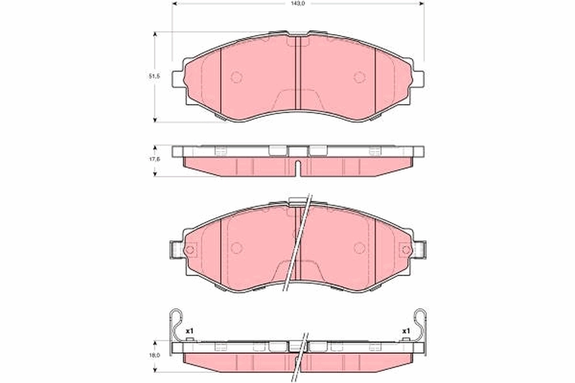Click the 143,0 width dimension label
(x=298, y=3)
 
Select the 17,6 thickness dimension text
(x=154, y=160)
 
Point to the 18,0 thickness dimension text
(x=154, y=356)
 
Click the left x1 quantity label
(x=189, y=331)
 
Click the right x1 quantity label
(x=406, y=331)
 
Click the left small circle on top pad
(x=236, y=77)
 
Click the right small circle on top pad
(x=359, y=77)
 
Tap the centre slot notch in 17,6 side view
(x=298, y=168)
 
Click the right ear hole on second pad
(x=406, y=249)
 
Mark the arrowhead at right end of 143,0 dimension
(x=422, y=3)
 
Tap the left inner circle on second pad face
(x=236, y=248)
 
